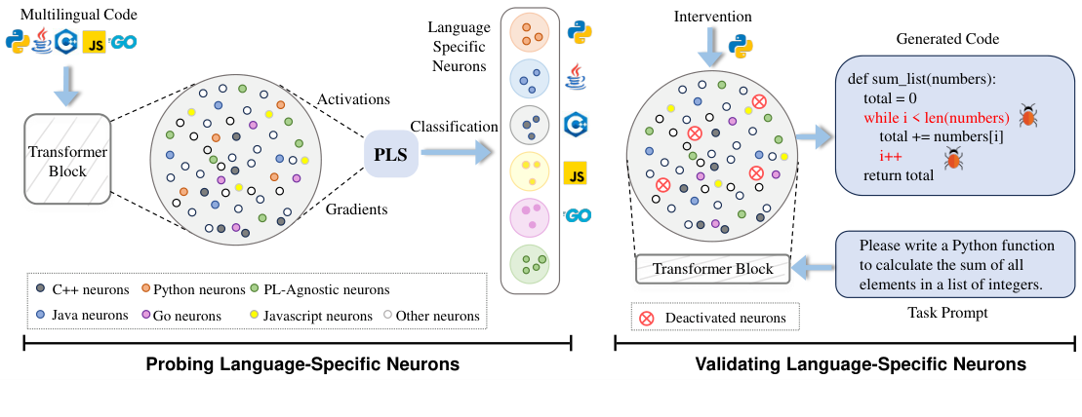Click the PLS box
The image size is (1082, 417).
point(390,154)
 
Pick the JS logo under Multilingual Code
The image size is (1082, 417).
point(95,44)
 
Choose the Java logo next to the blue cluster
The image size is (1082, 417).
point(575,74)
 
